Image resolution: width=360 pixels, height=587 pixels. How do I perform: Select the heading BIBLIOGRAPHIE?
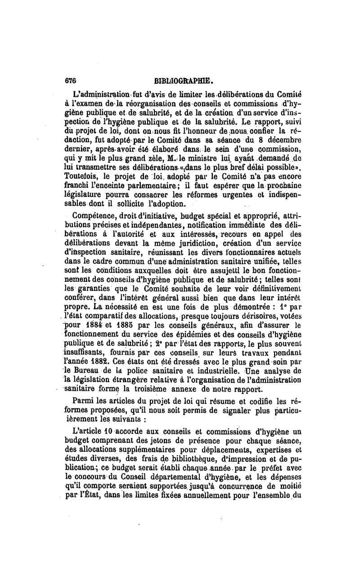pos(183,81)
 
